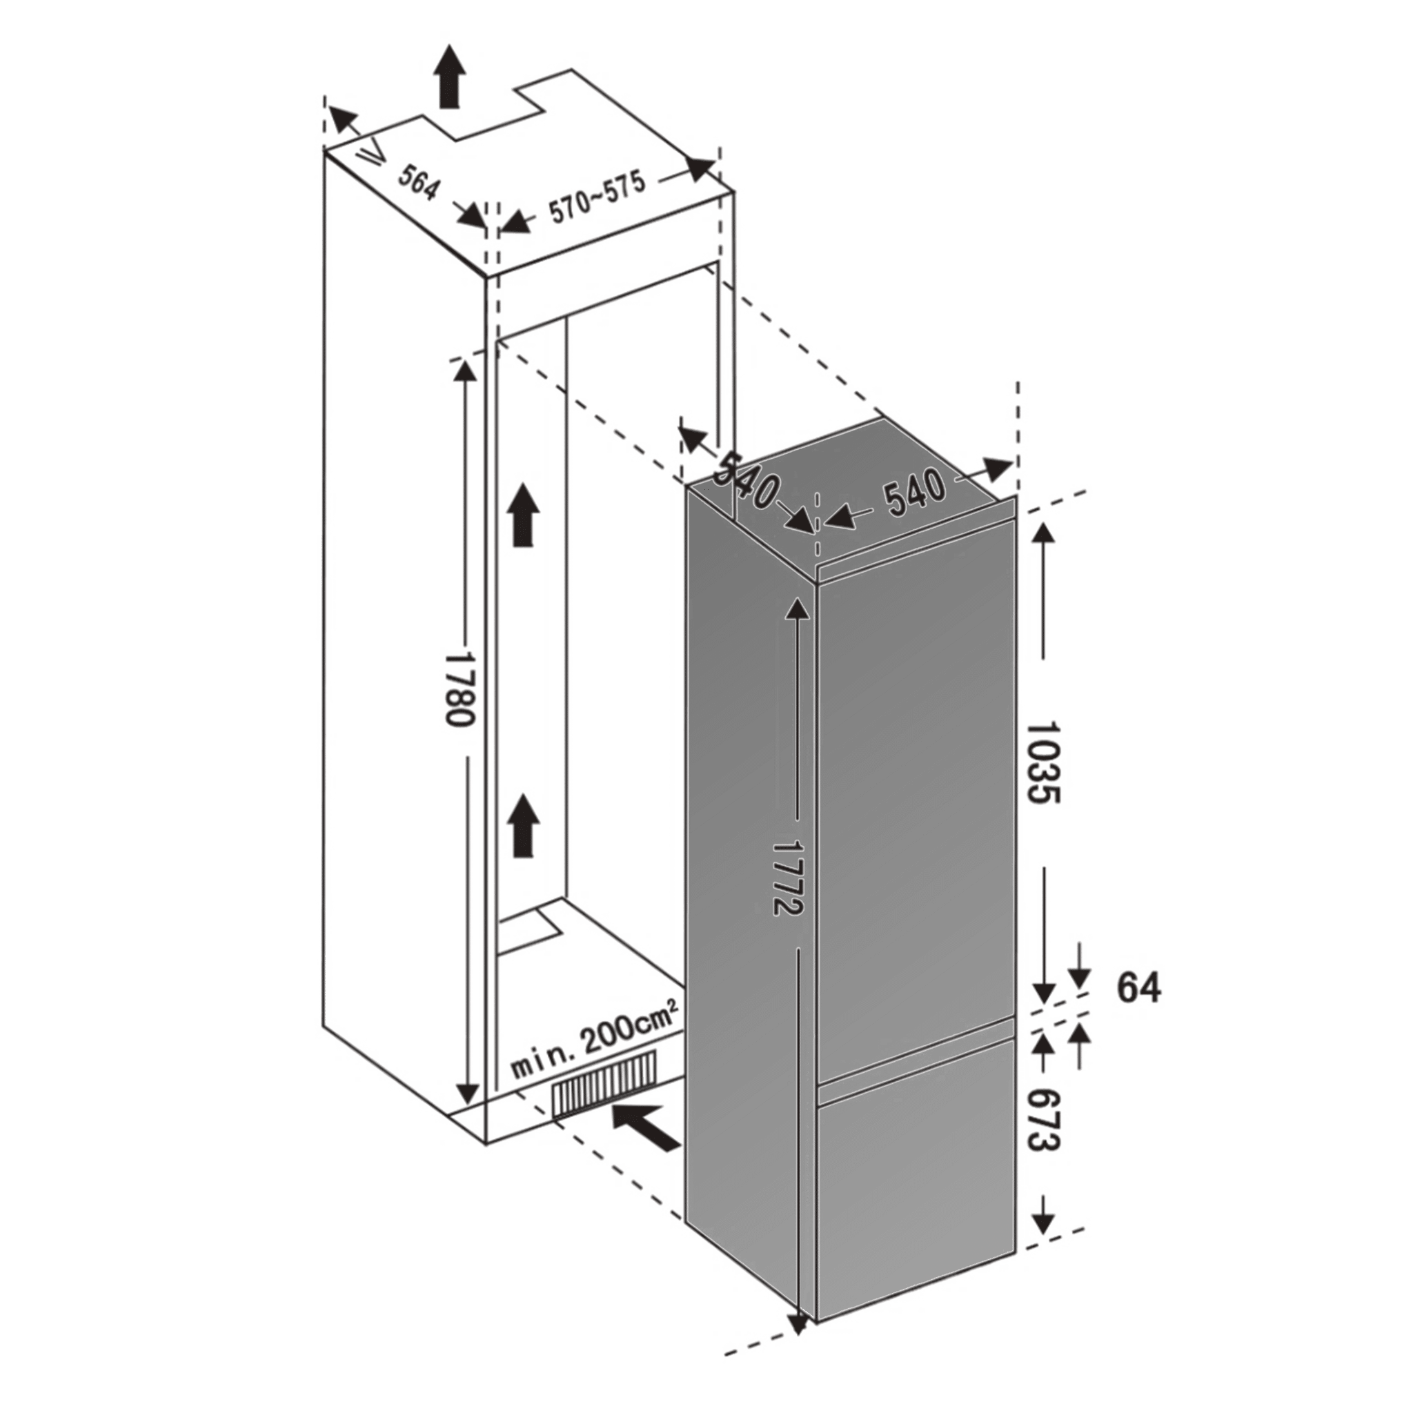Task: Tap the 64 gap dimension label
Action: (1138, 988)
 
